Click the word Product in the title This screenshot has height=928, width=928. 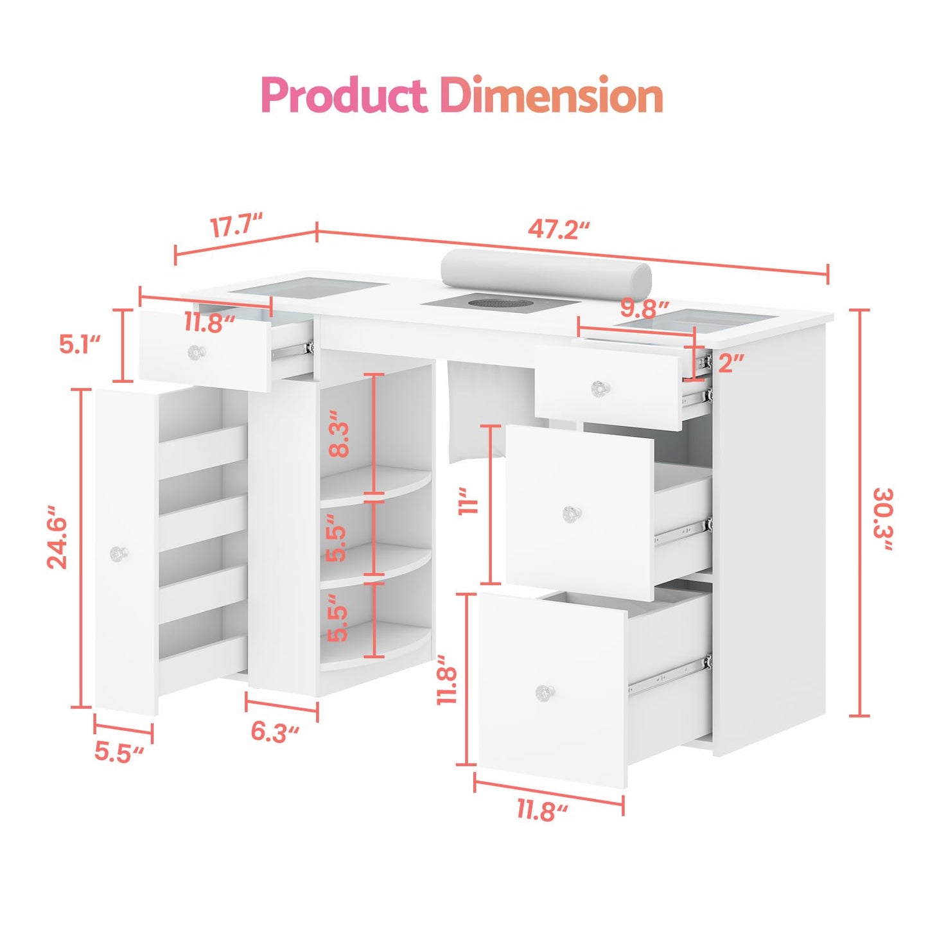coord(345,95)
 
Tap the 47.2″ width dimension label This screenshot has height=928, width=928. coord(559,230)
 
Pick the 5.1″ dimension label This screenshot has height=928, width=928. coord(80,345)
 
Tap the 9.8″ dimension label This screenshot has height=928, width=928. coord(644,309)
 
